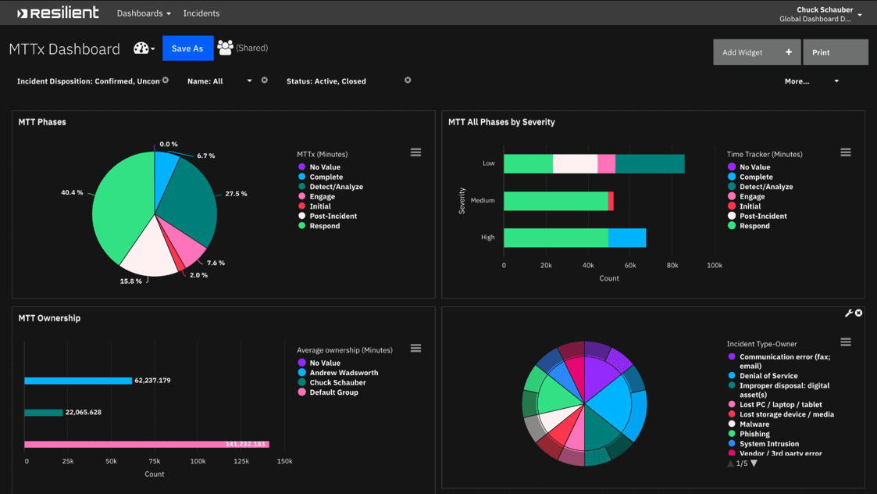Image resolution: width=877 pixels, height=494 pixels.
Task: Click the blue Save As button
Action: [187, 48]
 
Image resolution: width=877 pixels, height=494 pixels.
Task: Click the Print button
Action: [835, 52]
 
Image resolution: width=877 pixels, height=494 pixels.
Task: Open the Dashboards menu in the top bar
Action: [144, 13]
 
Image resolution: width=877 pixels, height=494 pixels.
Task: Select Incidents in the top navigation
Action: [201, 13]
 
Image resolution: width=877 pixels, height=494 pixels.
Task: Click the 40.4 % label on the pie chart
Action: [72, 192]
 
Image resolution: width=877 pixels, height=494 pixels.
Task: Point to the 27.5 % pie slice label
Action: [236, 194]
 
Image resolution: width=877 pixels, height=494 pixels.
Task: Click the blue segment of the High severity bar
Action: [627, 238]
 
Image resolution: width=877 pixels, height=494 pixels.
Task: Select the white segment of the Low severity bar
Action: [575, 164]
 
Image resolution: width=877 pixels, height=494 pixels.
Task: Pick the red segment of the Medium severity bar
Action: [611, 201]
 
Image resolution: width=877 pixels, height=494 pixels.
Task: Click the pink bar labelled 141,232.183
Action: [146, 444]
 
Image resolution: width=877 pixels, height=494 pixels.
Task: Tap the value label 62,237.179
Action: [152, 381]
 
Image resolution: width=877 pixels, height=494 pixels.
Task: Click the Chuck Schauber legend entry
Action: [337, 383]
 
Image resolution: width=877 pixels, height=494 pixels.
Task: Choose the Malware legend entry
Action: [754, 424]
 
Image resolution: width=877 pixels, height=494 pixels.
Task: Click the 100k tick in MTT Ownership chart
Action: [198, 461]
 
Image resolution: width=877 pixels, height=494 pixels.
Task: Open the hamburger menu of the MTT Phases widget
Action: [415, 152]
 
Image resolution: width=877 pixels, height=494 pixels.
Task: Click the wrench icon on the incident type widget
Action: [848, 313]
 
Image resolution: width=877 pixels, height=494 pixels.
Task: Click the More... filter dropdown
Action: [811, 81]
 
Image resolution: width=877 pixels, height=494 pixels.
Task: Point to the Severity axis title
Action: [462, 201]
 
